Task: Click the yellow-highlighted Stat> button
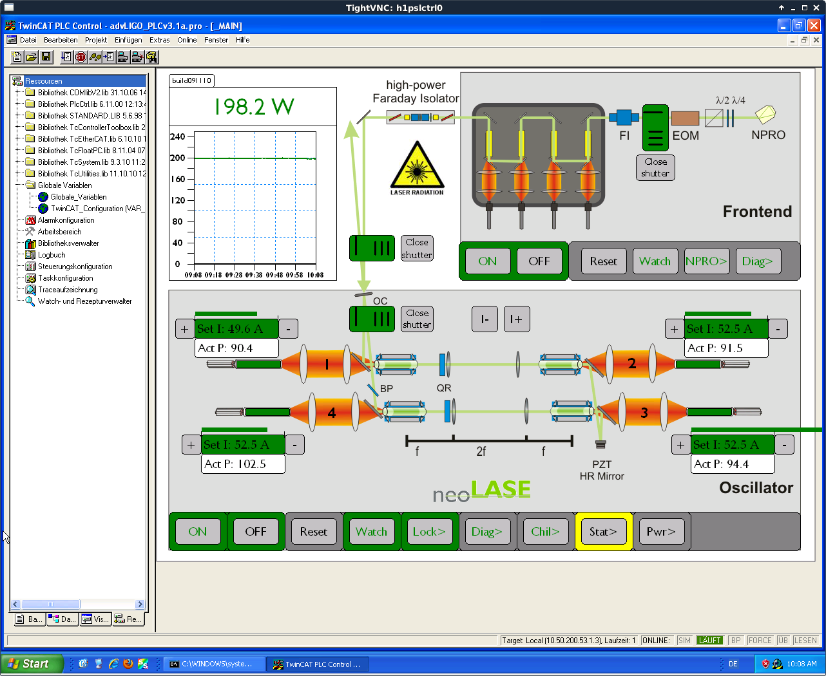click(603, 531)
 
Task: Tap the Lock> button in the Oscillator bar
click(429, 531)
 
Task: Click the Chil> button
click(545, 531)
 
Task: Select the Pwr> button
click(661, 531)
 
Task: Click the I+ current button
click(517, 319)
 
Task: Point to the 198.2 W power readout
click(254, 106)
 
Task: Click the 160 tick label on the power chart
click(177, 179)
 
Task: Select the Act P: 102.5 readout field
click(243, 464)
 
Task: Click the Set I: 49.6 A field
click(236, 328)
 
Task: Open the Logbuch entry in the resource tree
click(52, 255)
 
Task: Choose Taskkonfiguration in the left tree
click(65, 278)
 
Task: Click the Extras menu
click(159, 40)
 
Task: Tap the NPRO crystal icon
click(765, 115)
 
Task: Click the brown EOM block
click(685, 118)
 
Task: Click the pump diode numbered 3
click(644, 412)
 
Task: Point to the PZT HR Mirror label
click(602, 470)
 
